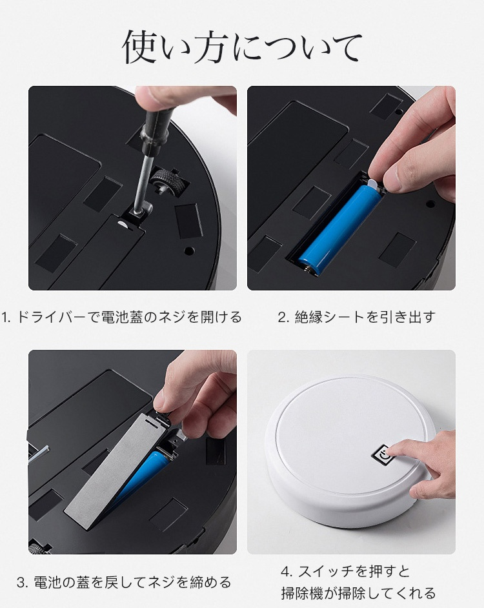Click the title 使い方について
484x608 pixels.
click(242, 48)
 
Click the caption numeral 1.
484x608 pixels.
click(5, 317)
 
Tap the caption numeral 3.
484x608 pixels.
click(22, 582)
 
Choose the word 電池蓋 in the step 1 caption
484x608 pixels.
click(124, 317)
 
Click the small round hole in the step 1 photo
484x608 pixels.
click(189, 251)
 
